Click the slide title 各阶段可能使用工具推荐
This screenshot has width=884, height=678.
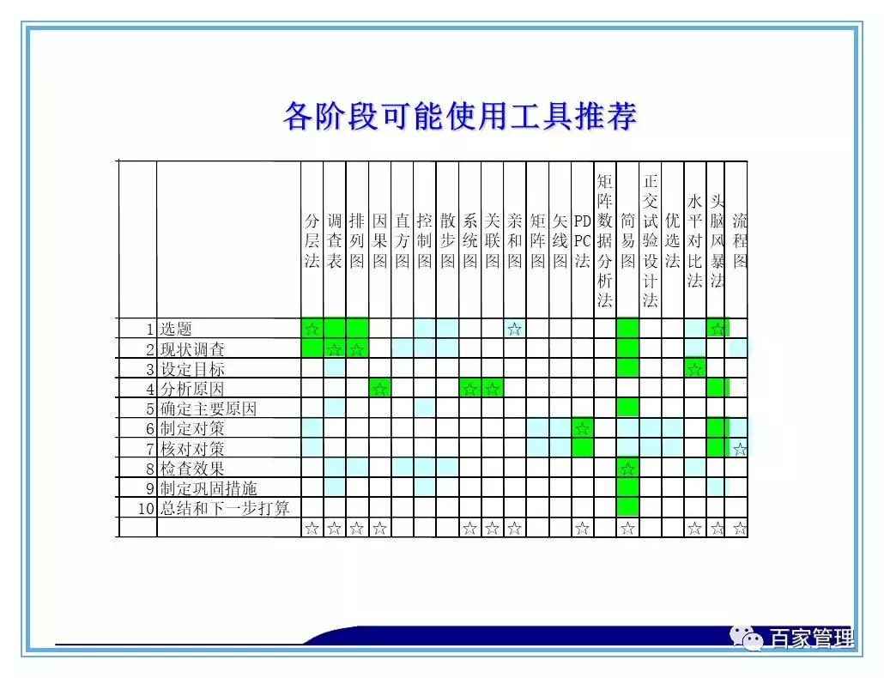point(460,116)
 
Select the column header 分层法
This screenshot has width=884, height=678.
point(312,241)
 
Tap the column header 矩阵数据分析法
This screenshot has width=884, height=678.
point(605,240)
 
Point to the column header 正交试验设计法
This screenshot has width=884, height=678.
point(650,240)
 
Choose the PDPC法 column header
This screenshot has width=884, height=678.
point(583,241)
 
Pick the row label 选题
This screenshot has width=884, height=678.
point(176,329)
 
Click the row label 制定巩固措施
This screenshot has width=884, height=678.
point(209,488)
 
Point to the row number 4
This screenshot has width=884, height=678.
point(149,389)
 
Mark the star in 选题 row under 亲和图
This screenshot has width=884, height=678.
point(514,329)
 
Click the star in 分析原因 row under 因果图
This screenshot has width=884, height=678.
point(379,389)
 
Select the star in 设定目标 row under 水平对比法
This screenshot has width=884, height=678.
point(694,369)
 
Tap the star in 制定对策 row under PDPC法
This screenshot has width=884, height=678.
point(583,428)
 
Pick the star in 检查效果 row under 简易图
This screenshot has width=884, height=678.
point(627,469)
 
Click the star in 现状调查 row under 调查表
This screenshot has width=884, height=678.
point(334,349)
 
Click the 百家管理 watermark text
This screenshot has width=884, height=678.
point(811,639)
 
